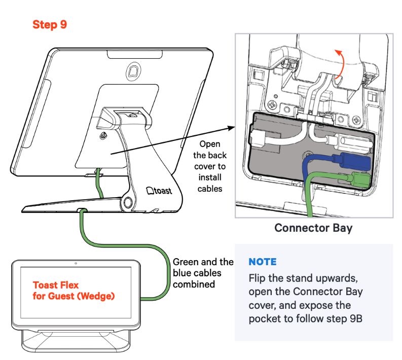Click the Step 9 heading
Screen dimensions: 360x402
[50, 24]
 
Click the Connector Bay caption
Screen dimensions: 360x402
[313, 228]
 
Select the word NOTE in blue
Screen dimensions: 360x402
[262, 262]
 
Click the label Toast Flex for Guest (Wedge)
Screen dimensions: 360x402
[74, 291]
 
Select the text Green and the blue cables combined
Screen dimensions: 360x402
[203, 273]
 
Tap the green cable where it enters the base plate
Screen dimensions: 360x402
[82, 209]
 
